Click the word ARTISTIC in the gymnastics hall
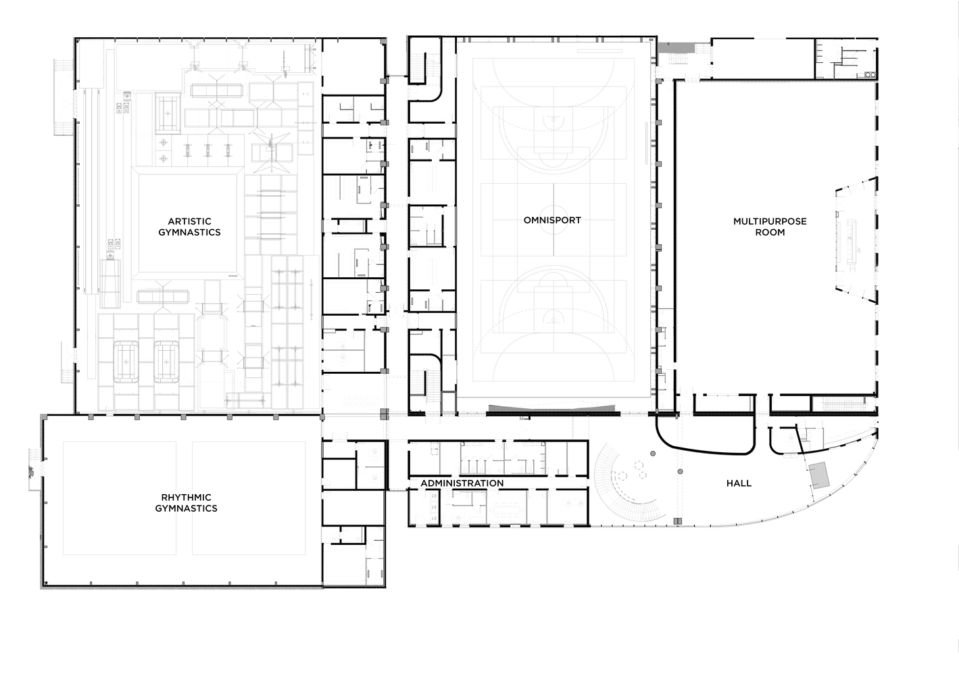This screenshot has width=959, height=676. point(189,221)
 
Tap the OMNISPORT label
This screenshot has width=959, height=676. point(552,220)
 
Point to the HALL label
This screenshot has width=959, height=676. point(739,483)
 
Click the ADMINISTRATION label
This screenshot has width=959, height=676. point(462,483)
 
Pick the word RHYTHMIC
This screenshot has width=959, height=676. point(187,498)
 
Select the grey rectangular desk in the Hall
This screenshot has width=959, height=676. point(819,475)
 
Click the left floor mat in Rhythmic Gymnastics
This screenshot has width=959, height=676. point(120,498)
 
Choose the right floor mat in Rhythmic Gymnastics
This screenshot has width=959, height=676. point(249,498)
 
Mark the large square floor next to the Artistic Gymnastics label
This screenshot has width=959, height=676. point(187,224)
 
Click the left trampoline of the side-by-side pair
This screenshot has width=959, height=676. point(126,362)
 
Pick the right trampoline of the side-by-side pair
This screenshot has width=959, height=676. point(166,362)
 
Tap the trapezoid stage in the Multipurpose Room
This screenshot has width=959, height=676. point(856,240)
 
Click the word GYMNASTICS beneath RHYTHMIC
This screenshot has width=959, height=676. point(187,508)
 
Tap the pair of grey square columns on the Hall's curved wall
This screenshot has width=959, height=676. point(677,521)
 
